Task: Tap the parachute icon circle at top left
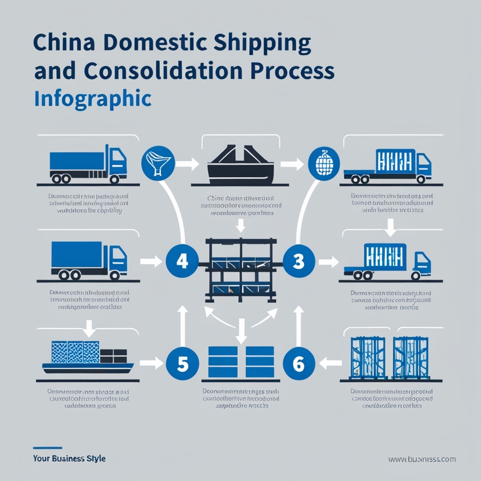pyautogui.click(x=157, y=162)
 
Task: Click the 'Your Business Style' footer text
pyautogui.click(x=69, y=458)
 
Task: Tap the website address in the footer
pyautogui.click(x=422, y=459)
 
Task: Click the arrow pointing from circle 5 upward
pyautogui.click(x=183, y=322)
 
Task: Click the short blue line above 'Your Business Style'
pyautogui.click(x=47, y=448)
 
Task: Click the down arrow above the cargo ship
pyautogui.click(x=90, y=326)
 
